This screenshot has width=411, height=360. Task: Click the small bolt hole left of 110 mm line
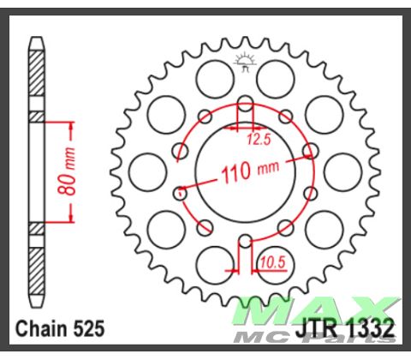pos(180,193)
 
